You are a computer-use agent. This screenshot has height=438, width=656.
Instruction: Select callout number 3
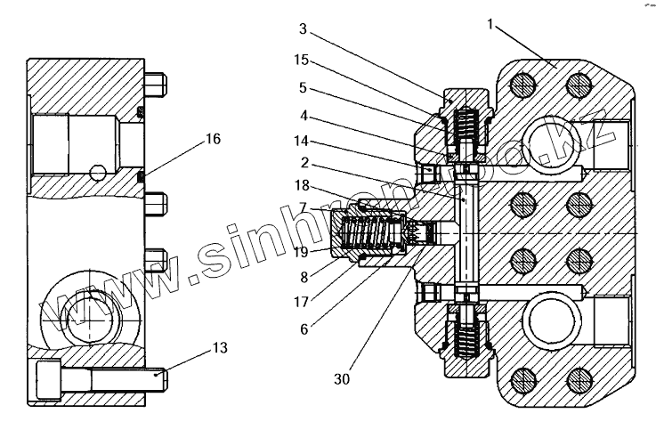pos(304,29)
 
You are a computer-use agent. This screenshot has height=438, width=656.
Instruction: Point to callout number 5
pos(304,88)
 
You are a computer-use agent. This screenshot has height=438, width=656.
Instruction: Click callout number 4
pos(304,115)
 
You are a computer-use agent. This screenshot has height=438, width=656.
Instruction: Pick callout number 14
pos(304,142)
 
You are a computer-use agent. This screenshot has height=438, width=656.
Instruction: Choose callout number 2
pos(304,164)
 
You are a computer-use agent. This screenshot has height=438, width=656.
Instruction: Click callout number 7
pos(304,207)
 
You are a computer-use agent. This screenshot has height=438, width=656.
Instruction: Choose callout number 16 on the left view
pos(212,139)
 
